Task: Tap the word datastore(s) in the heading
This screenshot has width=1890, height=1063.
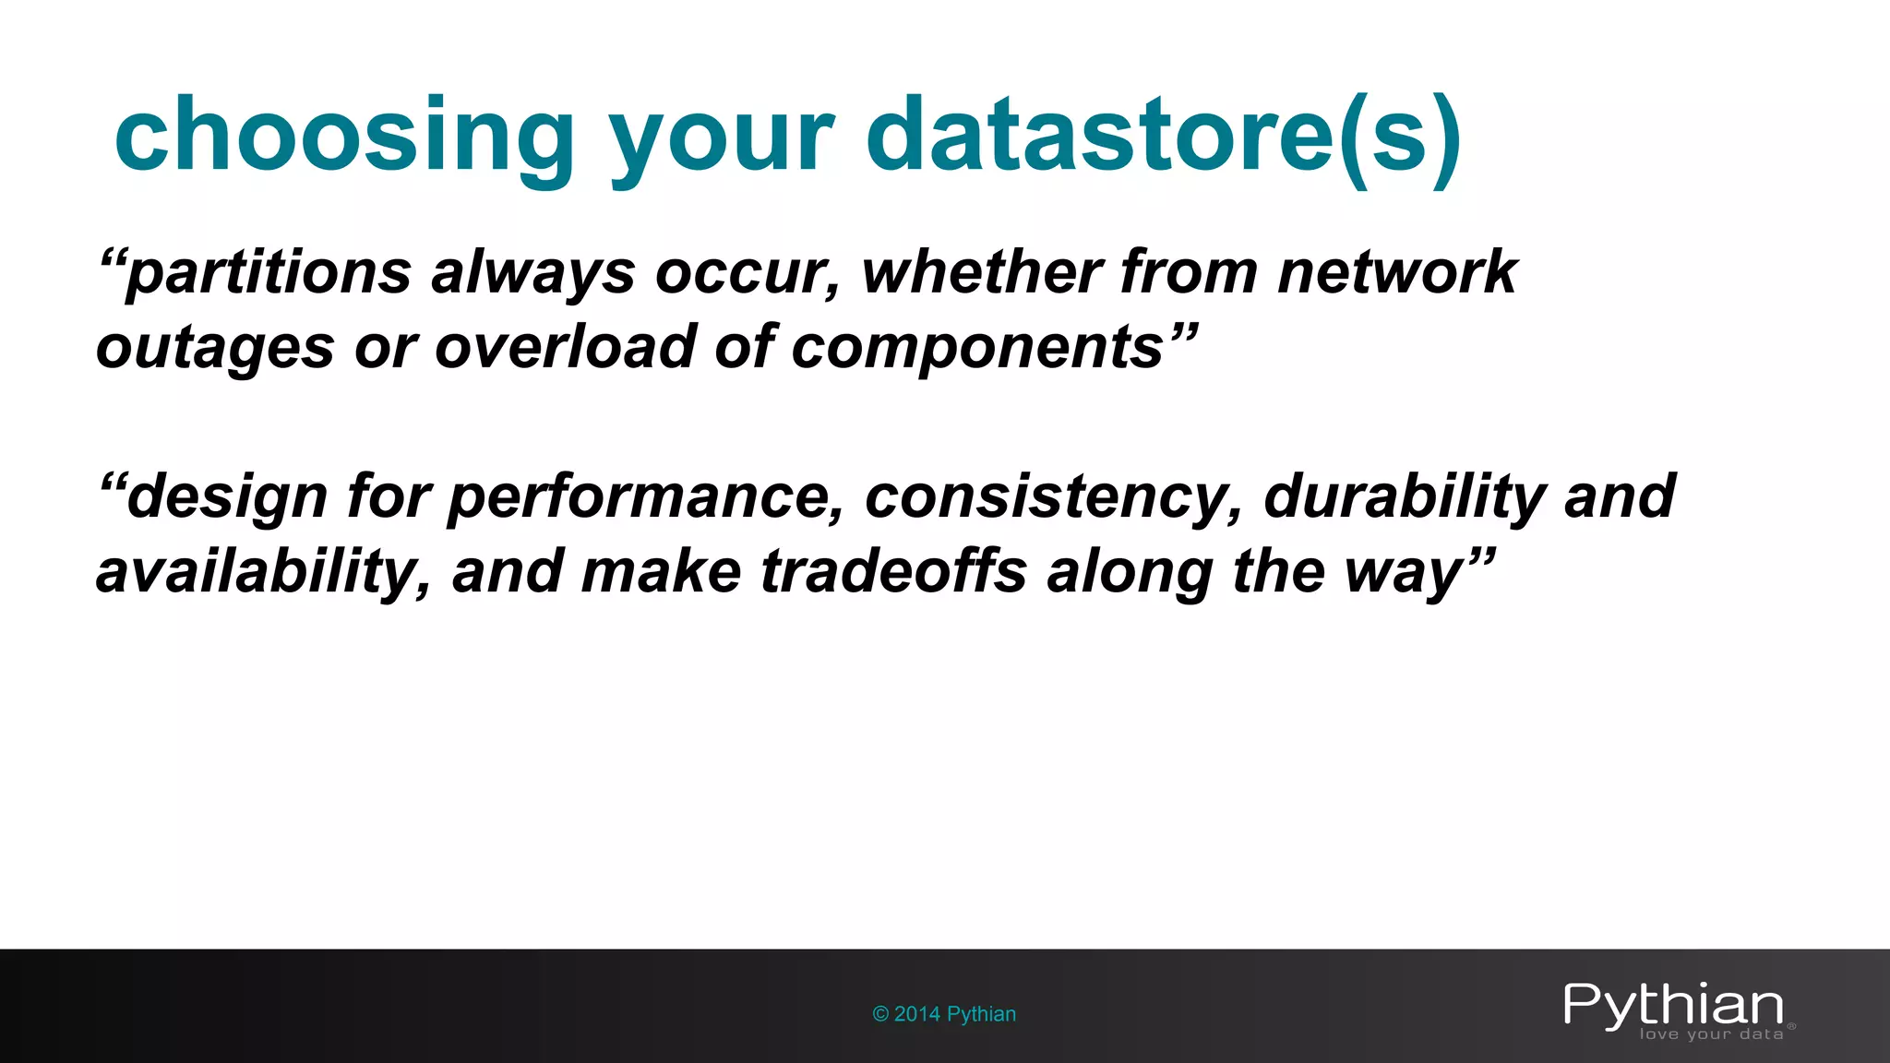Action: (1163, 137)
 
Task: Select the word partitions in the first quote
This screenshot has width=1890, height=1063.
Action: (268, 274)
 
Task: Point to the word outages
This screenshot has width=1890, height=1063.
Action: (215, 349)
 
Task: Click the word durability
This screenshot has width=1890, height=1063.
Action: (1403, 496)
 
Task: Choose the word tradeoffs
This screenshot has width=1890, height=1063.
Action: (892, 571)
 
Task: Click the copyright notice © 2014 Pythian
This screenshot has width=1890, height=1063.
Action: (944, 1014)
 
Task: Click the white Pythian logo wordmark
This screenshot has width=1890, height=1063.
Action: (1673, 1004)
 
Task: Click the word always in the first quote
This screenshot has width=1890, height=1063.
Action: (532, 274)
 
